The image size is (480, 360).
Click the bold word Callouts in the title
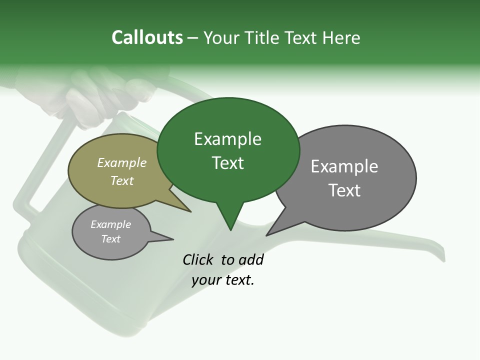click(x=147, y=38)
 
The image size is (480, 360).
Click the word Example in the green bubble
click(x=227, y=139)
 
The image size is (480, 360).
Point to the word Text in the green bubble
click(x=227, y=163)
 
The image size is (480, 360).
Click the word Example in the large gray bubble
click(x=344, y=166)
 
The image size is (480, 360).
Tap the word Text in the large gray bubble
click(x=344, y=190)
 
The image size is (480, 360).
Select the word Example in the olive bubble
click(x=121, y=163)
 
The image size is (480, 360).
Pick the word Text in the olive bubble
click(x=121, y=180)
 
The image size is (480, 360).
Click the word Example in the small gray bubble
click(x=110, y=224)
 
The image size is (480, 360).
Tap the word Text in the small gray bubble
click(x=110, y=239)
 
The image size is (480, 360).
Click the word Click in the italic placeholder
click(x=199, y=259)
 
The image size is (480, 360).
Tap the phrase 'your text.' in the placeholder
click(x=223, y=280)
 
